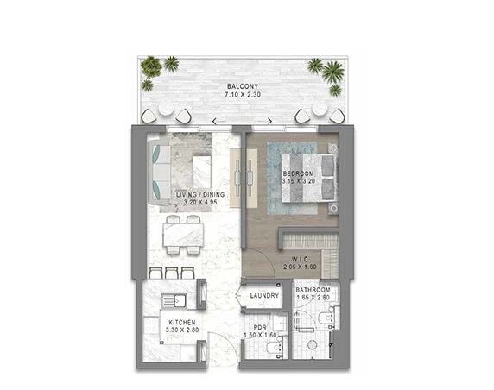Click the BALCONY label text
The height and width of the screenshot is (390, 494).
coord(243,86)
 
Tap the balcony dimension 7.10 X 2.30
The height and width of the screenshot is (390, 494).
coord(243,94)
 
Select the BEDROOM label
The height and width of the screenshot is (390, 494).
coord(298,173)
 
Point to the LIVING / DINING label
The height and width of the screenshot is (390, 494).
coord(200,194)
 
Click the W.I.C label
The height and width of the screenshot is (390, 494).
coord(300,260)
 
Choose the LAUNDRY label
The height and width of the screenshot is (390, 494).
coord(264,296)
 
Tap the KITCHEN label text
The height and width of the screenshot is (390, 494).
coord(182,323)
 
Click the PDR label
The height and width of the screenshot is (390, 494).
coord(260,328)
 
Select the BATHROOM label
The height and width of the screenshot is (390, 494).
coord(313,290)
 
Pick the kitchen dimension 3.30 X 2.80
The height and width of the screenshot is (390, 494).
coord(182,330)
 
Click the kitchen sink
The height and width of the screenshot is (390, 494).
coord(174,301)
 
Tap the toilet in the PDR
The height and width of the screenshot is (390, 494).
coord(274,348)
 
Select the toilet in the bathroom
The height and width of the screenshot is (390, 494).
coord(326,318)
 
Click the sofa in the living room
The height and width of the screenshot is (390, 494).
coord(159,173)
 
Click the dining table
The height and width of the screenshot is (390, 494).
coord(183,235)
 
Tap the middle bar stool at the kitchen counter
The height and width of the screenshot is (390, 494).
coord(172,273)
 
